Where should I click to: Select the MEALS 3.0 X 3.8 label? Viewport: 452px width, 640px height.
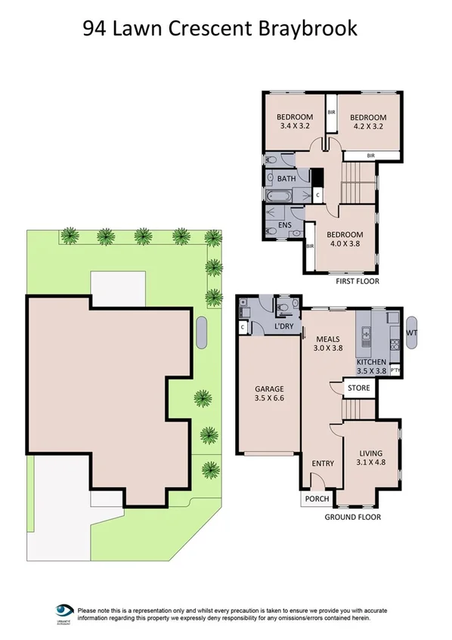tap(329, 344)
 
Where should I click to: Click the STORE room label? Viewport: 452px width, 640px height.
tap(358, 389)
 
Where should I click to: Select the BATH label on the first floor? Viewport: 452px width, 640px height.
tap(286, 179)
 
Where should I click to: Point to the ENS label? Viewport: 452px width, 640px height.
tap(286, 224)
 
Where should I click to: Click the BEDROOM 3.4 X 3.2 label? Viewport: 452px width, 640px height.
tap(295, 122)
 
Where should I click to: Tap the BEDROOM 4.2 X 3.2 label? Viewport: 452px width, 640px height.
tap(367, 122)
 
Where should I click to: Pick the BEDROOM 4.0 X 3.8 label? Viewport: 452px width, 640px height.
tap(345, 240)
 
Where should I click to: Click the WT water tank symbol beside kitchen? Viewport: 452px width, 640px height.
tap(412, 332)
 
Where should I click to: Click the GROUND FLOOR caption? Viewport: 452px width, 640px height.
tap(352, 517)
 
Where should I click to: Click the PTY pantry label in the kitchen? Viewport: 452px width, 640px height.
tap(395, 369)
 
